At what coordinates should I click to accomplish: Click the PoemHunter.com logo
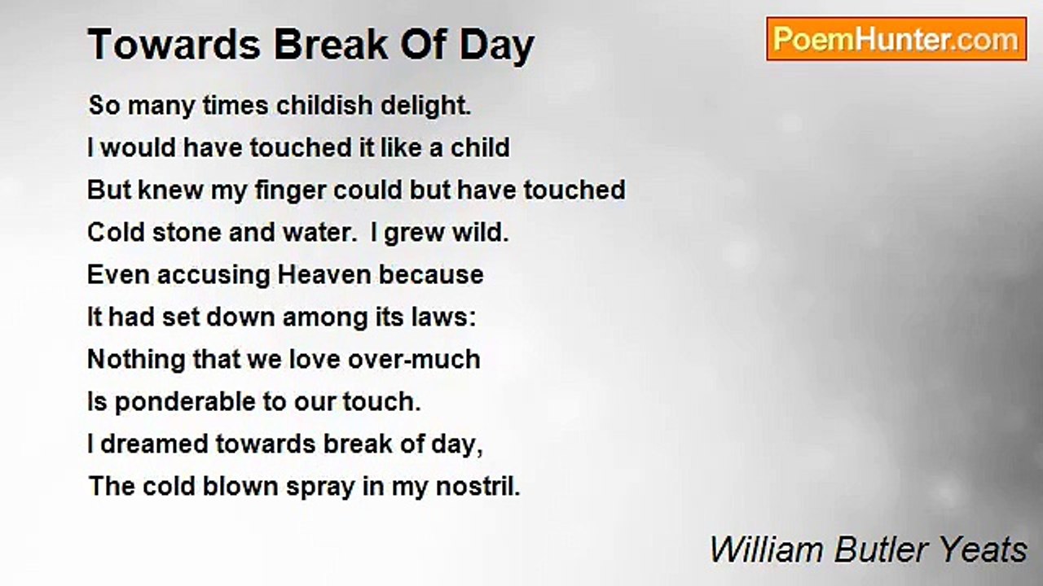tap(896, 39)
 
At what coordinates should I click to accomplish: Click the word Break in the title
tap(332, 45)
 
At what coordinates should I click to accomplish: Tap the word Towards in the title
tap(174, 45)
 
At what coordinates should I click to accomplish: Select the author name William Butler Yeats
tap(868, 549)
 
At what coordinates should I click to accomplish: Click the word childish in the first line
tap(324, 105)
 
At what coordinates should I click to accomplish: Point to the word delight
tap(426, 106)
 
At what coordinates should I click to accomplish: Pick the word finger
tap(290, 190)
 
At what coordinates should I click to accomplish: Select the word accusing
tap(213, 275)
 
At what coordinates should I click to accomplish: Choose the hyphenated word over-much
tap(414, 360)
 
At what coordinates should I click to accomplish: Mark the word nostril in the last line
tap(477, 487)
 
